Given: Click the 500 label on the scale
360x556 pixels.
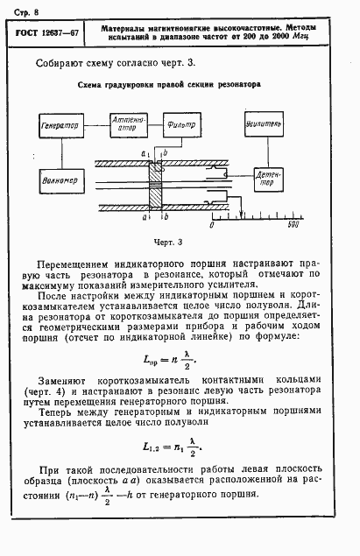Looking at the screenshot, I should click(x=293, y=225).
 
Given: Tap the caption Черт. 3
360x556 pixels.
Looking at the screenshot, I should click(x=167, y=242).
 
